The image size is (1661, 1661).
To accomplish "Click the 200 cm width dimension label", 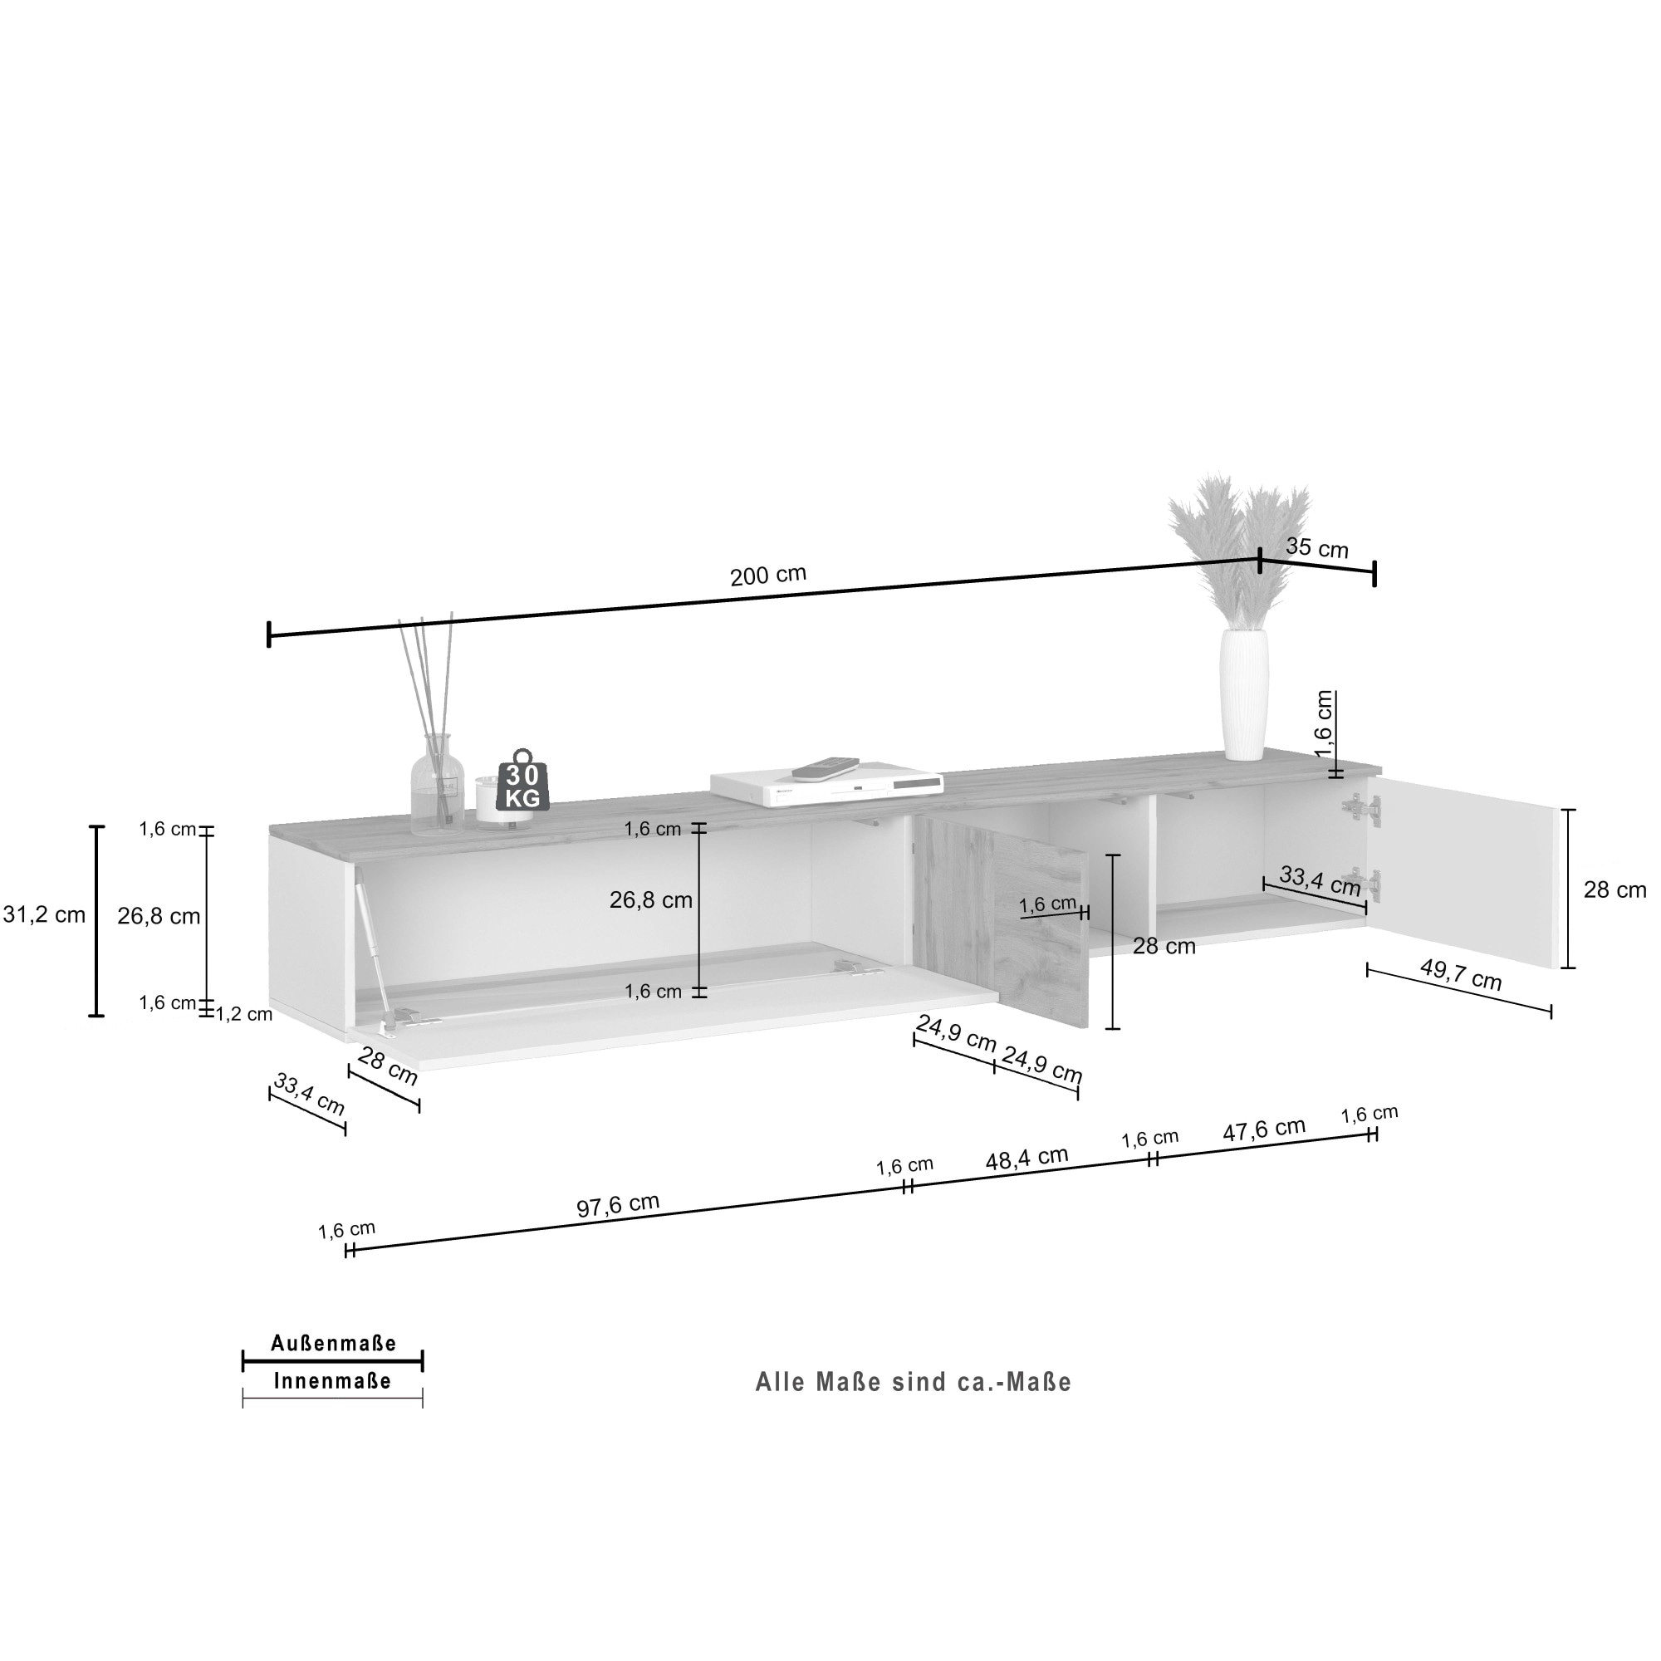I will (x=767, y=575).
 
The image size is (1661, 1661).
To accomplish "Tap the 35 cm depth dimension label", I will (x=1316, y=546).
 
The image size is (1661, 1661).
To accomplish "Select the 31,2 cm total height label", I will (x=45, y=914).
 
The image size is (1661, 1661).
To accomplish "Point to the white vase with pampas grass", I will (x=1243, y=693).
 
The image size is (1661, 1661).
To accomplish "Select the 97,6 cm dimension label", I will (x=617, y=1204).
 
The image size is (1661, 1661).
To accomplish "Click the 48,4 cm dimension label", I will (x=1026, y=1158).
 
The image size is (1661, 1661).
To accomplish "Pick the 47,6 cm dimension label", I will (x=1264, y=1129).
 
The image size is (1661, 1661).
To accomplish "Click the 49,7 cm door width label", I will (x=1460, y=975).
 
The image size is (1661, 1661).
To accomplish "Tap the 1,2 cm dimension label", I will (x=243, y=1015).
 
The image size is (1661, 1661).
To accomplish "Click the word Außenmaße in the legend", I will (x=334, y=1344).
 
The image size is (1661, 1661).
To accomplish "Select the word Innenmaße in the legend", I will (x=333, y=1382).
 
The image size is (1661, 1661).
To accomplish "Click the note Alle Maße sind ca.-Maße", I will (x=913, y=1383).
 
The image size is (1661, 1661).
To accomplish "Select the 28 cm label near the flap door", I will (x=387, y=1067).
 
